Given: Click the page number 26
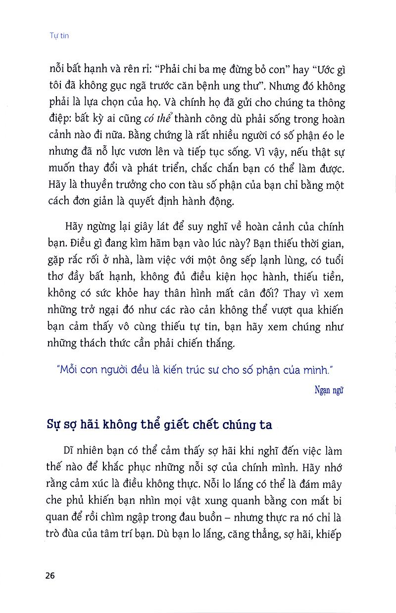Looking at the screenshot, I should point(49,576).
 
